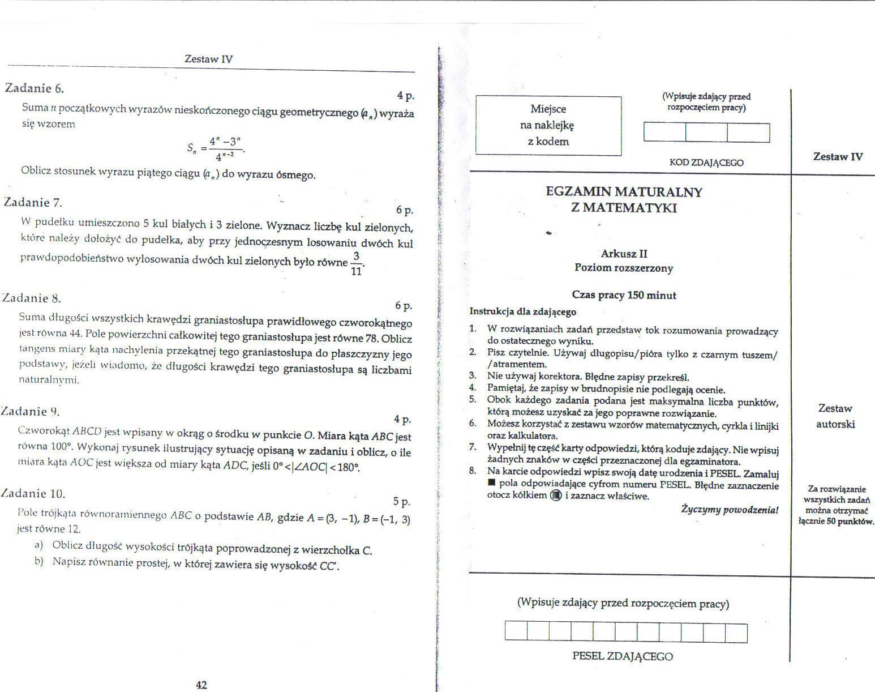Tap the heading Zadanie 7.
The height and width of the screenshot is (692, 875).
point(33,202)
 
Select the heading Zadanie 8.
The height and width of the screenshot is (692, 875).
point(32,298)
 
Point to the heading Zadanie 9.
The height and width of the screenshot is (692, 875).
point(31,412)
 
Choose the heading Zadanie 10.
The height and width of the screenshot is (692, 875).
point(33,493)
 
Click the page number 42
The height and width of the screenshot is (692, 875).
point(201,685)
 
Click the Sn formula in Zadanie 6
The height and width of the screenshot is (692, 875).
point(215,148)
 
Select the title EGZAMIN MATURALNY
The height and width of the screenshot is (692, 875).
point(624,191)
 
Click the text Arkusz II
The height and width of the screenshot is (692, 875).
point(624,254)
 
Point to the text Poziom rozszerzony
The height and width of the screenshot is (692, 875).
point(624,268)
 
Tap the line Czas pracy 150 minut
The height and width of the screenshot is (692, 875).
point(624,295)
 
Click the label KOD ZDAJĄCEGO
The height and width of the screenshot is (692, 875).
point(706,163)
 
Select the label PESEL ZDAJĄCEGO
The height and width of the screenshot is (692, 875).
point(623,656)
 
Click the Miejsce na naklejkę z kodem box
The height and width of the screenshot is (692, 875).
point(548,125)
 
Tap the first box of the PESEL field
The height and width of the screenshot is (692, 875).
point(516,632)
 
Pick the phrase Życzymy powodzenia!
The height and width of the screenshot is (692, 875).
point(730,510)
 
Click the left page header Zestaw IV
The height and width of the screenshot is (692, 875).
point(208,59)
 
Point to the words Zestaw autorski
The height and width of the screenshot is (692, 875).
point(835,416)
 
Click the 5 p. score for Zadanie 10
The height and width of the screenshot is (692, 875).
point(401,502)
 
